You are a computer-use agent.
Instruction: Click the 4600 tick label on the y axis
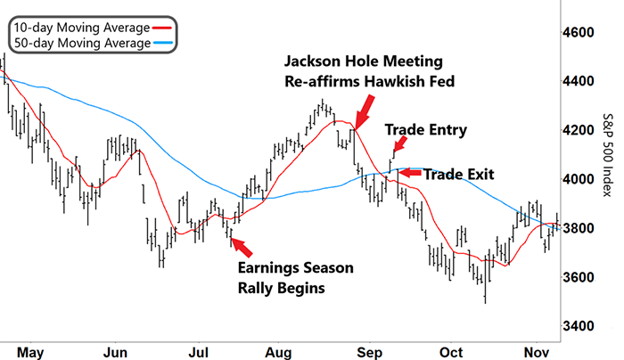pos(578,32)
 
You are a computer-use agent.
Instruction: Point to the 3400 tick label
pos(578,326)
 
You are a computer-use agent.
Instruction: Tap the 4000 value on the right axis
pos(578,179)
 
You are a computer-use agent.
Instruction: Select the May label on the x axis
pos(30,353)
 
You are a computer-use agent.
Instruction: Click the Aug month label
pos(278,353)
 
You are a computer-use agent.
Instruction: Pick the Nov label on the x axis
pos(537,353)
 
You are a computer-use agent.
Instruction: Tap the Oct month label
pos(451,353)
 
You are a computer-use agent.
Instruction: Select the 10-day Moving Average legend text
pos(82,28)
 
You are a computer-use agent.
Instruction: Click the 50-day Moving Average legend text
pos(82,43)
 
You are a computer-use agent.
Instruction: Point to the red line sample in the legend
pos(162,28)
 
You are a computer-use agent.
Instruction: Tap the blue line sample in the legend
pos(163,43)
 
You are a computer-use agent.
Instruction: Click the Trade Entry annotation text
pos(426,130)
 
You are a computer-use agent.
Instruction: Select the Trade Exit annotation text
pos(458,175)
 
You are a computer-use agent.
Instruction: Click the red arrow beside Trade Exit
pos(410,173)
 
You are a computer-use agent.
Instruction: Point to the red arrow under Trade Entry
pos(400,144)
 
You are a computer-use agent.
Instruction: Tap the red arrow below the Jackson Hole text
pos(365,112)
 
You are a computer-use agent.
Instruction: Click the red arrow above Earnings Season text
pos(242,247)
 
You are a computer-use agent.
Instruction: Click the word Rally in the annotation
pos(256,288)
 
